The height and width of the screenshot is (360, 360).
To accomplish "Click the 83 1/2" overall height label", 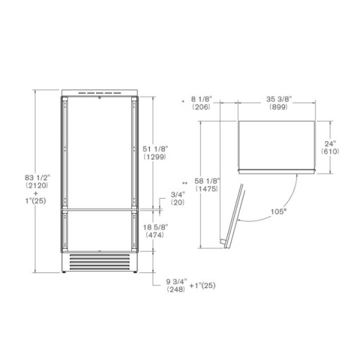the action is tap(37, 178).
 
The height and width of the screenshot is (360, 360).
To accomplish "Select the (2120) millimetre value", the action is tap(37, 185).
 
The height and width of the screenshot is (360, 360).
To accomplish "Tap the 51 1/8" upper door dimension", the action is tap(155, 149).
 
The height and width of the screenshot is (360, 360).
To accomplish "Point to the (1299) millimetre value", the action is tap(155, 157).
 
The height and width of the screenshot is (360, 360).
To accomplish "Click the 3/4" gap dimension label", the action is tap(178, 194).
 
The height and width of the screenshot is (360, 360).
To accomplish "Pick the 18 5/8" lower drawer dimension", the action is tap(155, 227).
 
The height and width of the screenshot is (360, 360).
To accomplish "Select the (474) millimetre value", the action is tap(155, 235).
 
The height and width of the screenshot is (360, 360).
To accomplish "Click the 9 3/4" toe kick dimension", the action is tap(176, 281).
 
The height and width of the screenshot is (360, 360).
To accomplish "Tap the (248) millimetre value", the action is tap(176, 289).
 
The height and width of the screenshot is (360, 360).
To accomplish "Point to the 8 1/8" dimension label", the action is tap(202, 99).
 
